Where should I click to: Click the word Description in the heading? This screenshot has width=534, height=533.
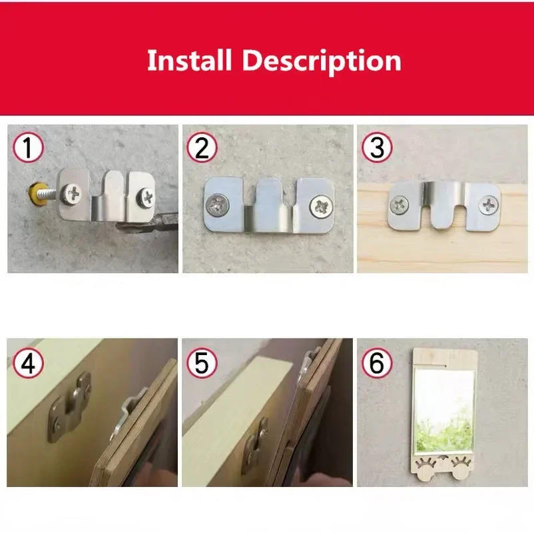(x=322, y=61)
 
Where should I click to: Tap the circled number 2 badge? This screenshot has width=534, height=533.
(x=201, y=147)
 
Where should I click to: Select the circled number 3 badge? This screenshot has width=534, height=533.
(x=377, y=147)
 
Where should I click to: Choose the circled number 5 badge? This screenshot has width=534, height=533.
(x=201, y=362)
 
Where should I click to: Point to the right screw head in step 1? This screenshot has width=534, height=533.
(x=146, y=197)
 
